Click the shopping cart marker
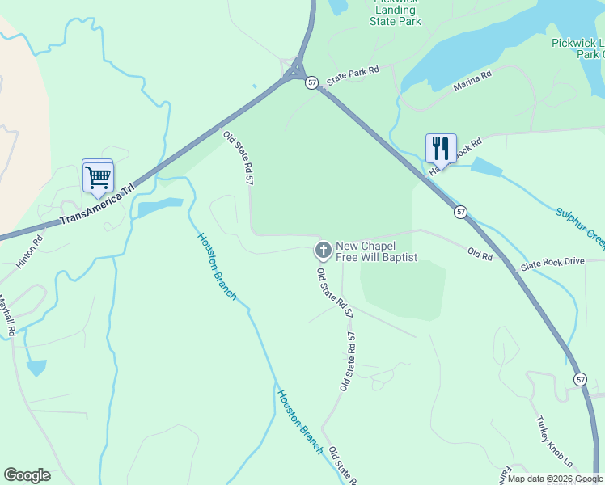pos(98,178)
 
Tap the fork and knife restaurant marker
pos(441,148)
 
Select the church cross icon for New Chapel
pos(323,251)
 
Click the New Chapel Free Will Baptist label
pos(376,251)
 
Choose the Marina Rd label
pos(472,80)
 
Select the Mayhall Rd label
pos(7,314)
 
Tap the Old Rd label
pos(480,253)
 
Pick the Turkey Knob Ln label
pos(554,442)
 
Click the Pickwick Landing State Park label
pos(396,11)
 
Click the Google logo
pos(27,475)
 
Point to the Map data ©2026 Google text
pos(556,479)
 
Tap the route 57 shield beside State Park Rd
pos(312,82)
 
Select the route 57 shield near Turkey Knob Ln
pos(581,378)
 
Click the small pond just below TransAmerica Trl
pos(154,209)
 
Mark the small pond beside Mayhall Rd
pos(36,368)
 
